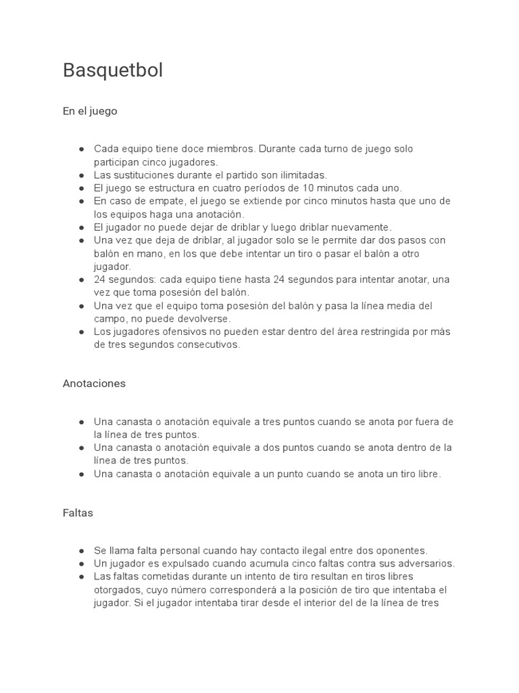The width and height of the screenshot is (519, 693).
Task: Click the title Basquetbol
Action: (x=113, y=70)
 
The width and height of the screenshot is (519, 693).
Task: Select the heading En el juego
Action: (x=90, y=111)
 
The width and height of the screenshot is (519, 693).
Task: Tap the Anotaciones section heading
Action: (x=94, y=383)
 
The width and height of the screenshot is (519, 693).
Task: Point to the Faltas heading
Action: (x=78, y=513)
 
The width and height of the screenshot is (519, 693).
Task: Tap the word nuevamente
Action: (x=357, y=227)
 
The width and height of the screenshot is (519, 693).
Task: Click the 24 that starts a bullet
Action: (x=99, y=280)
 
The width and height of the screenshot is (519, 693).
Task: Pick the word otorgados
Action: (x=116, y=589)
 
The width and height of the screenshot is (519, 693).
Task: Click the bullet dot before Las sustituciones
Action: (x=81, y=175)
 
